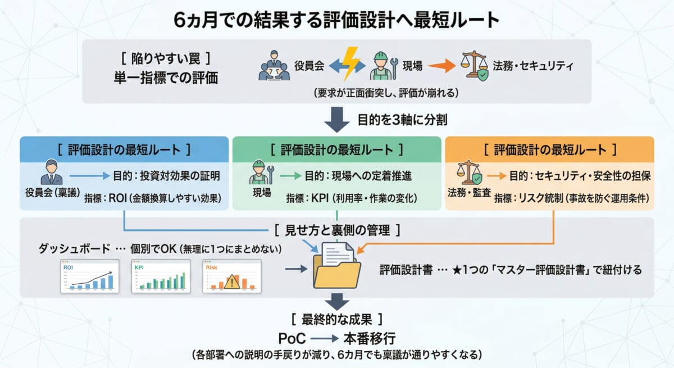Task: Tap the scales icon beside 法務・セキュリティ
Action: [474, 66]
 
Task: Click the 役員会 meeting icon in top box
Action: [274, 66]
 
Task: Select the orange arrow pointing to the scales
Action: [441, 66]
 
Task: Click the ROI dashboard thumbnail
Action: [90, 276]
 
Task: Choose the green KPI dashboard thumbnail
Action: [161, 276]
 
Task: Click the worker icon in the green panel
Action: [260, 172]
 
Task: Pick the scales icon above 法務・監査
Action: [469, 172]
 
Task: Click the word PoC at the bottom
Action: [292, 339]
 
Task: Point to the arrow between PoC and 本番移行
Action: [323, 339]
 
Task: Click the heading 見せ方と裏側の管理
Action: [338, 230]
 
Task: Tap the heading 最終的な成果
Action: [337, 319]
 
